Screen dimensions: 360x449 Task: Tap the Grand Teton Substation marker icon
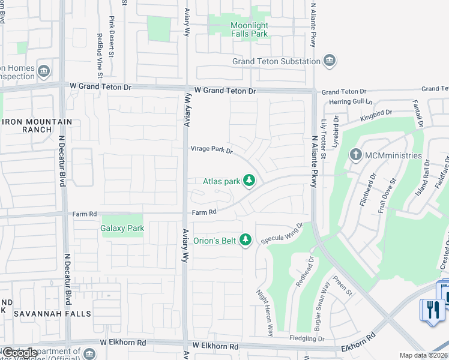click(329, 61)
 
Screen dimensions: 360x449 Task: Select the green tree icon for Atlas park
click(249, 180)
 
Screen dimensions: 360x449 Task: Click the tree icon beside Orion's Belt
click(245, 240)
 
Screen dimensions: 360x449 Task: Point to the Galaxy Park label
click(122, 228)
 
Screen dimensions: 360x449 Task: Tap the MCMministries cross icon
click(355, 155)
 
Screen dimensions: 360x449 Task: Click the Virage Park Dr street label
click(211, 149)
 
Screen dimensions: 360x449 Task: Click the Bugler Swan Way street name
click(322, 307)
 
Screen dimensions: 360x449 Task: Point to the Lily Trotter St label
click(323, 139)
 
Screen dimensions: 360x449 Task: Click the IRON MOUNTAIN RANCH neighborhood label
click(37, 125)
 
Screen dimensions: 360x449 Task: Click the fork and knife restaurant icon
click(432, 310)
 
